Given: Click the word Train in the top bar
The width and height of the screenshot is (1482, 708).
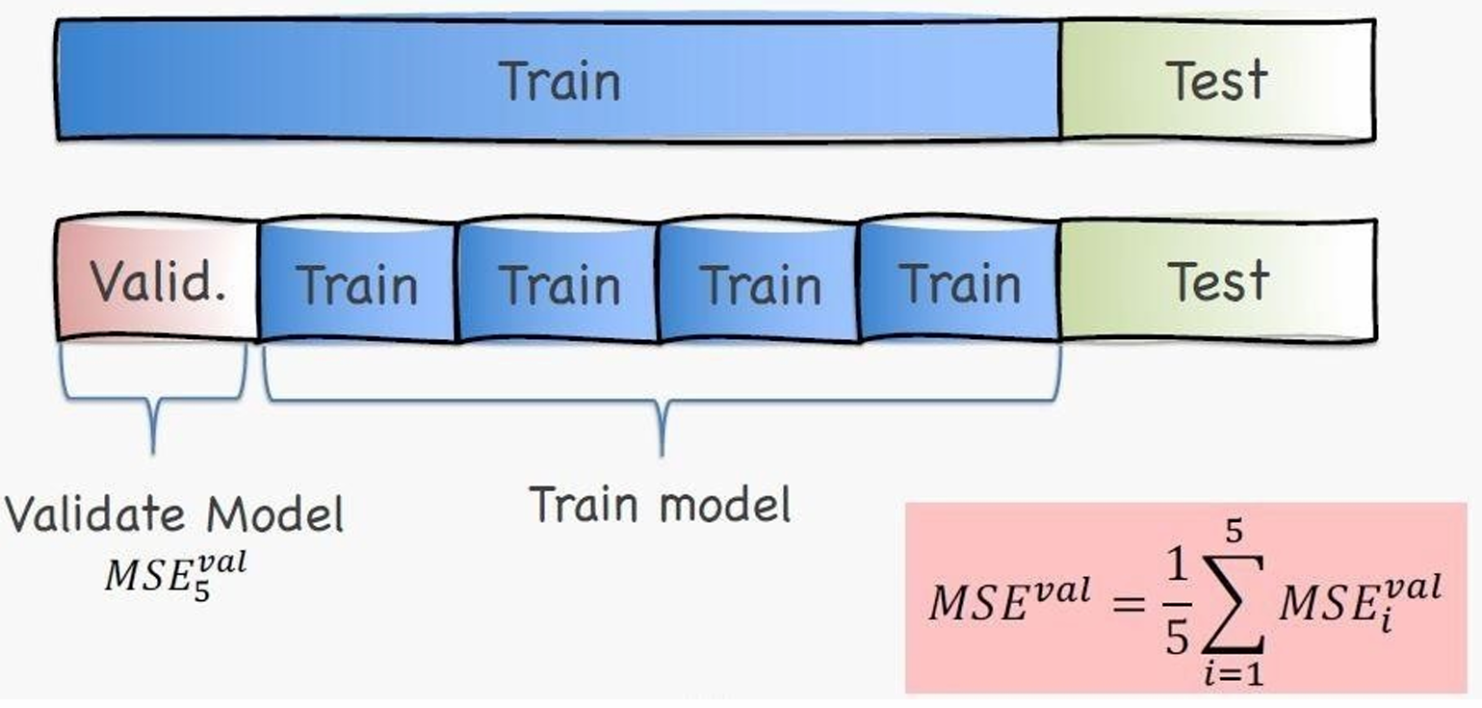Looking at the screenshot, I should tap(560, 81).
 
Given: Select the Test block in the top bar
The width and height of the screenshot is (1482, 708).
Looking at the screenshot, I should tap(1216, 81).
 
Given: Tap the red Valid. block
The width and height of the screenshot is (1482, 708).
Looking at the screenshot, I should tap(158, 281).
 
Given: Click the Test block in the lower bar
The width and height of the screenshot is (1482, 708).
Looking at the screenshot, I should tap(1218, 281).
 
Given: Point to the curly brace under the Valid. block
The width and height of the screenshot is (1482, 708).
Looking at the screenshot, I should tap(153, 400).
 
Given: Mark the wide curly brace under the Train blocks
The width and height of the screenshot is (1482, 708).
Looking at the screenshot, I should tap(662, 400).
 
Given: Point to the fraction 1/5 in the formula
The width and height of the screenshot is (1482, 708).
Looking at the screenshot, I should tap(1176, 604).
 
